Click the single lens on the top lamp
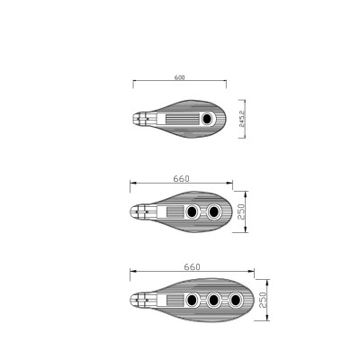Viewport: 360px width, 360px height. pos(207,117)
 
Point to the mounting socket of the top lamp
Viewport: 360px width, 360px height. pos(141,117)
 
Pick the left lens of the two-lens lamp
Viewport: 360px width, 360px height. pos(193,212)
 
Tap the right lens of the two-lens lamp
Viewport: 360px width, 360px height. pos(214,212)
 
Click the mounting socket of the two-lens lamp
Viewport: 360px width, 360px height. pos(139,212)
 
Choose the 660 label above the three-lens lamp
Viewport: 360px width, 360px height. pos(191,267)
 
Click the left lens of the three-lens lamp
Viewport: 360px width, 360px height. pos(193,300)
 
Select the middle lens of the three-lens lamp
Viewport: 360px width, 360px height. pos(214,300)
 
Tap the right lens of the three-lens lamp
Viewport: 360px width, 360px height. pos(236,300)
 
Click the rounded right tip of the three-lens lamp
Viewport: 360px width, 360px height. pos(253,300)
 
